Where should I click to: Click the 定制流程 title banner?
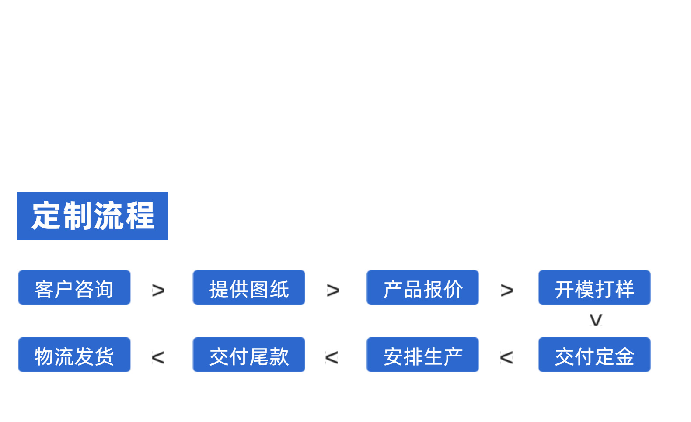[x=93, y=216]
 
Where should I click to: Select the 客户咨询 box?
[x=74, y=287]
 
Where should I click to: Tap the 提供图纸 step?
[x=249, y=287]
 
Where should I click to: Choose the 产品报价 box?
[x=422, y=287]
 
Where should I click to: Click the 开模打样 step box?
[x=594, y=287]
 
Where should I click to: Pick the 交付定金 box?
[x=594, y=355]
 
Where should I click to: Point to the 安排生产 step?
[x=422, y=355]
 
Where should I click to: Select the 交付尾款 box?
[x=249, y=355]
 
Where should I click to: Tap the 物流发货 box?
[x=74, y=355]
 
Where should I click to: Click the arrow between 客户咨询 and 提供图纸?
[x=158, y=291]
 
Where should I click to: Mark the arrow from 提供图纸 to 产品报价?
[x=333, y=291]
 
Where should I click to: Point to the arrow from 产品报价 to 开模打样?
[x=507, y=291]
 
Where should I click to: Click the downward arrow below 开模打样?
[x=596, y=320]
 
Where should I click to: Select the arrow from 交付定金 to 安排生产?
[x=506, y=358]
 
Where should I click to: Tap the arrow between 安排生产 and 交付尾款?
[x=332, y=358]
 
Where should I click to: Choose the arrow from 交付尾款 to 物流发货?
[x=158, y=358]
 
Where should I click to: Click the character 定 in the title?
[x=46, y=216]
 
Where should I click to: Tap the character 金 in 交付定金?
[x=625, y=356]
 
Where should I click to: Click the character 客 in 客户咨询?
[x=44, y=289]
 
